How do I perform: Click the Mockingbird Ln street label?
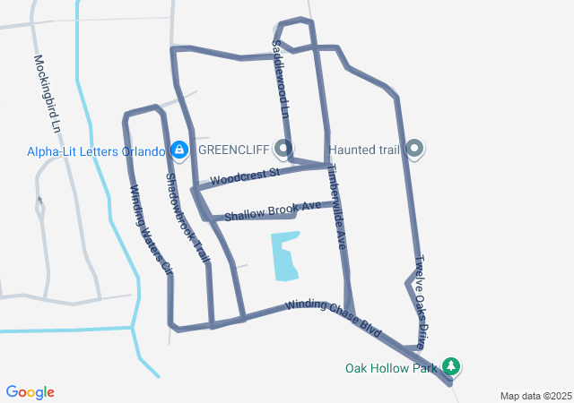pos(48,94)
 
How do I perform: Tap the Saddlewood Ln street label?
pos(281,78)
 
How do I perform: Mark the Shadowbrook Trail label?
pos(187,218)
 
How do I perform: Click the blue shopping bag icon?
pos(178,149)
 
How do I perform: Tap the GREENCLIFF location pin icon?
pos(284,148)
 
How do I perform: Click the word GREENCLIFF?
pos(235,149)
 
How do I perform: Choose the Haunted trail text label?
pos(363,149)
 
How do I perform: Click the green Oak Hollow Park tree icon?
pos(453,366)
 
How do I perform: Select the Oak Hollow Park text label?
pos(391,367)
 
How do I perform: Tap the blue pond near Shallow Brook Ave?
pos(284,254)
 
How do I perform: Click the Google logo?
pos(30,392)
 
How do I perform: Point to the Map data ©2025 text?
pos(535,396)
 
